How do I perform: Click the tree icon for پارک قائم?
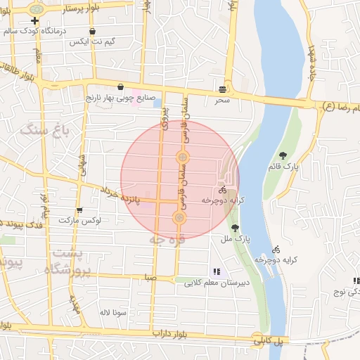pos(283,155)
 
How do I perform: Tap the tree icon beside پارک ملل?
pos(235,227)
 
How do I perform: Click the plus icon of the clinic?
pos(34,21)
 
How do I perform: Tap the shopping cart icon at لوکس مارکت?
pos(79,210)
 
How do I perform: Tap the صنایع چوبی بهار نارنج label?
pos(124,98)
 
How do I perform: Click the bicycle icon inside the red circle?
pos(222,189)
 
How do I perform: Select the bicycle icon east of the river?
pos(276,249)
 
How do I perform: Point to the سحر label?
pos(223,101)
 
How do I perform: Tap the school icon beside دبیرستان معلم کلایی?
pos(217,271)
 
